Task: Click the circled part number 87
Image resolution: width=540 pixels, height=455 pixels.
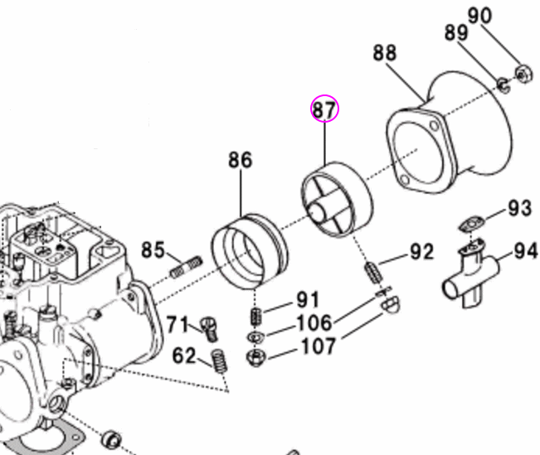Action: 325,109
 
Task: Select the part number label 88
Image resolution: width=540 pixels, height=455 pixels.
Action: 384,53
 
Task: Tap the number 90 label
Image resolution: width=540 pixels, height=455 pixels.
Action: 503,16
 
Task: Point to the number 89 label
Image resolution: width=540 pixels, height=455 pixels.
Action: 456,33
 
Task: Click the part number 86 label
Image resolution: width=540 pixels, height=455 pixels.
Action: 240,161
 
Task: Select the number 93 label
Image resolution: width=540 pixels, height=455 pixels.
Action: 519,208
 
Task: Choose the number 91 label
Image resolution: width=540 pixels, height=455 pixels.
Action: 308,300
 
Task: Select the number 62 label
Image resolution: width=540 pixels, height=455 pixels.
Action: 184,356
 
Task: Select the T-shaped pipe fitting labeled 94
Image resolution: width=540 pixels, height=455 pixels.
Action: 470,275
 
